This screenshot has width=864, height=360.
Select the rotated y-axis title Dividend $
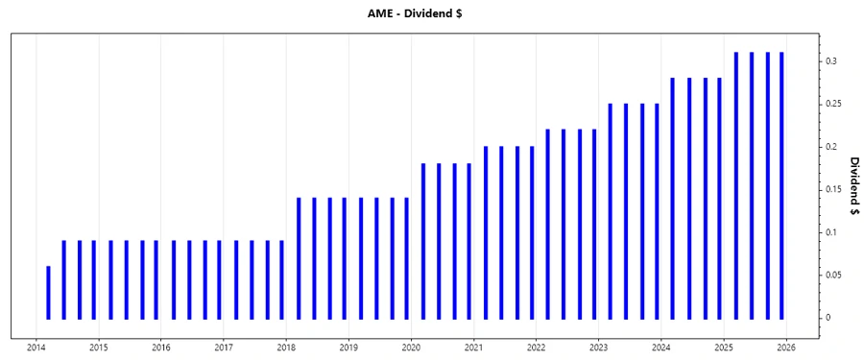[x=853, y=184]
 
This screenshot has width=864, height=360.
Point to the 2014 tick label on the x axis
[x=36, y=348]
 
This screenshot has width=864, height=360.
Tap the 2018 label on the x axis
[x=286, y=348]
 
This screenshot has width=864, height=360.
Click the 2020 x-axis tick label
[x=411, y=348]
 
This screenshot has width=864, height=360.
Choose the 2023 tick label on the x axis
[x=598, y=348]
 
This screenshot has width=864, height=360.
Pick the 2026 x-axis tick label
[x=785, y=348]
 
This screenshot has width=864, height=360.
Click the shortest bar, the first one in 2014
[x=48, y=292]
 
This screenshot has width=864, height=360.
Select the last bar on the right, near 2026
[x=782, y=184]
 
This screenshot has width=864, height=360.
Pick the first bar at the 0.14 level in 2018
[x=299, y=257]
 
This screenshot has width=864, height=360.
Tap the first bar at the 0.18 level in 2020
[x=423, y=240]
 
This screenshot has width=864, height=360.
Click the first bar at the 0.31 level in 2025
[x=735, y=184]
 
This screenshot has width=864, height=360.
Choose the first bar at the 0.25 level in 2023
[x=611, y=210]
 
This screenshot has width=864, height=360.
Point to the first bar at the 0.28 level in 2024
[x=672, y=198]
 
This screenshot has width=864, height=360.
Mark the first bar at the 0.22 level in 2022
[x=547, y=223]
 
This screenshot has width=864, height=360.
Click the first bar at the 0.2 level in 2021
[x=486, y=231]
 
